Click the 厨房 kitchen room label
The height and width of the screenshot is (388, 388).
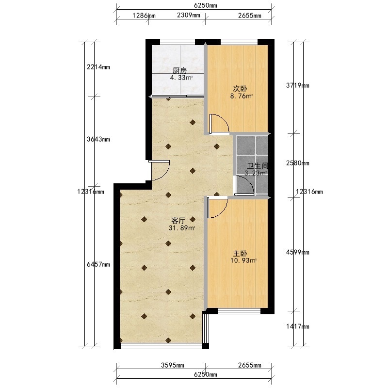179,70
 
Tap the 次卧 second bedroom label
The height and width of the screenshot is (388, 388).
240,89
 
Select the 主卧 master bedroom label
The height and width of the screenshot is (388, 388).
240,254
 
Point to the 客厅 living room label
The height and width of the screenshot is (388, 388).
178,220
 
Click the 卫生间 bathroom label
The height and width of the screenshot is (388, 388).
258,166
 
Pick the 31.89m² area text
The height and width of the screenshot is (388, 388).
182,228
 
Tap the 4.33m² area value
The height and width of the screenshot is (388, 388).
181,78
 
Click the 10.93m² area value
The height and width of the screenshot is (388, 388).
243,260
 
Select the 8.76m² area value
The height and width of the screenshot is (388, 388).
242,96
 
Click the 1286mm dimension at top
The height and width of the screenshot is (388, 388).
144,16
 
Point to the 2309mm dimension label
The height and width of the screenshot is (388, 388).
189,16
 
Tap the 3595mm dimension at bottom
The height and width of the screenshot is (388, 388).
173,365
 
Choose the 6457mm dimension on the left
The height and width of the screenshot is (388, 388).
98,264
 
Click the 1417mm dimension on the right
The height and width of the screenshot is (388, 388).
298,326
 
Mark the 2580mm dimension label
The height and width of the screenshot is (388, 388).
298,163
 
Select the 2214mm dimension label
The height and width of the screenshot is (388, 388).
98,67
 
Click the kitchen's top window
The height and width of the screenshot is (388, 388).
178,42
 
